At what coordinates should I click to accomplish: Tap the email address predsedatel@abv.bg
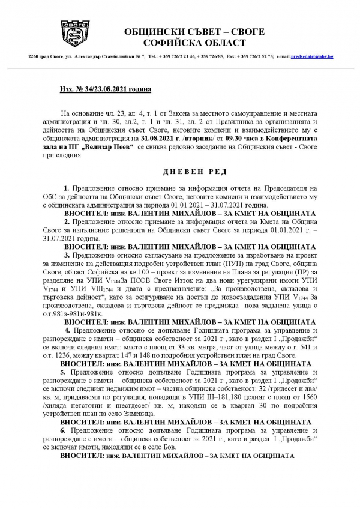[312, 56]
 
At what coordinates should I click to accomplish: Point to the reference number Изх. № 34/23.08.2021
[105, 89]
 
